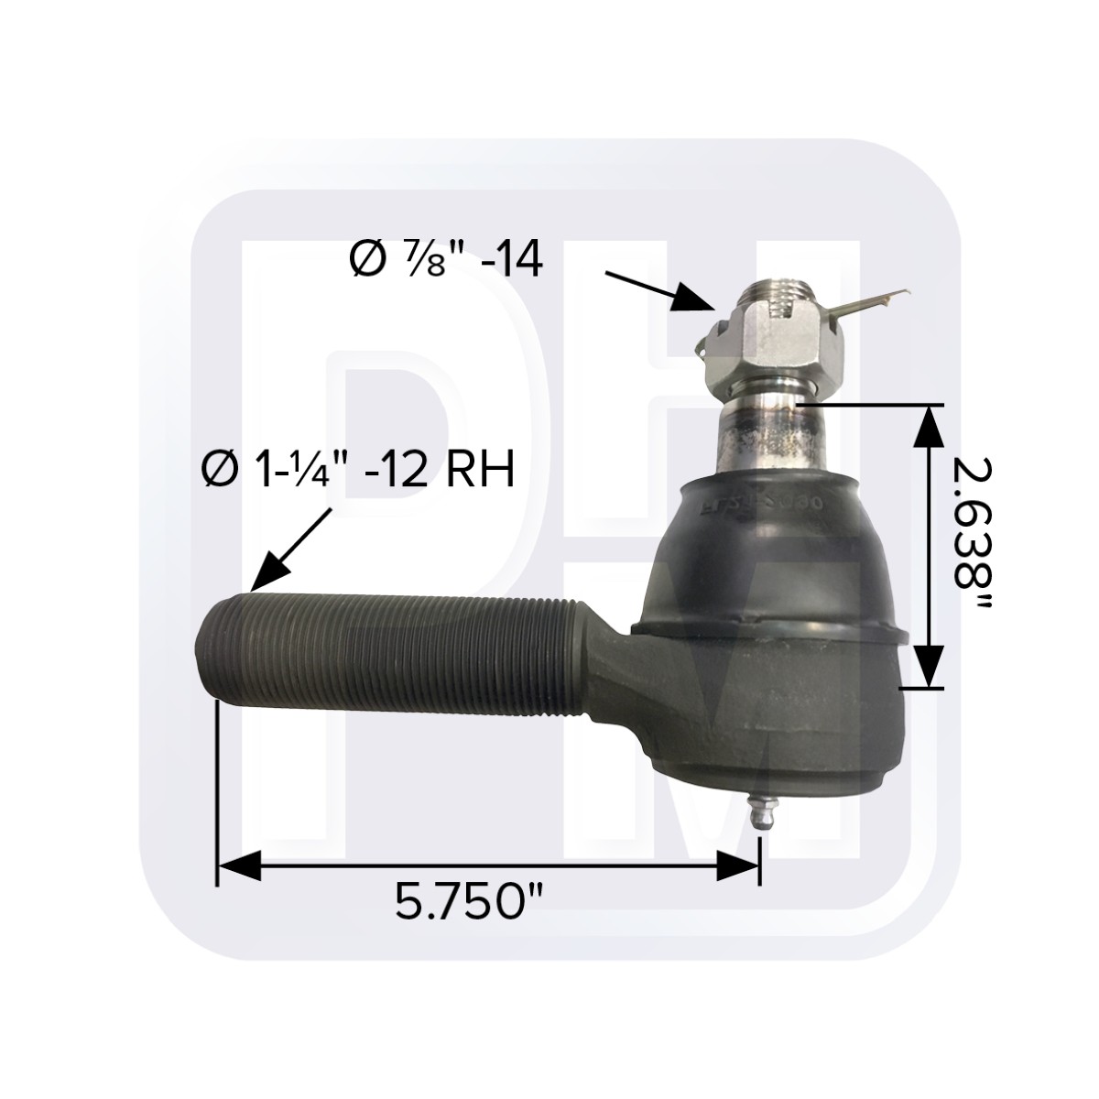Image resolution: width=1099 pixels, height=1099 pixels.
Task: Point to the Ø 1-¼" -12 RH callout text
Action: [357, 473]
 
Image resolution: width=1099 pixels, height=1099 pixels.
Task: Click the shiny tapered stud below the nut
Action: [769, 435]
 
